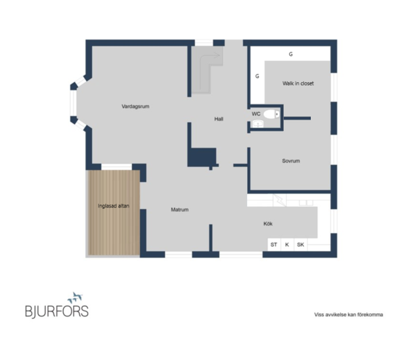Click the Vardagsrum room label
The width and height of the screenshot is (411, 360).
coord(135,106)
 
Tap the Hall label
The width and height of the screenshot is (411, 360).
coord(218,119)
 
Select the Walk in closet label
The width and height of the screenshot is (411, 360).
coord(298,83)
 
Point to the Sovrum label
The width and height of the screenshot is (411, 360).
coord(291,161)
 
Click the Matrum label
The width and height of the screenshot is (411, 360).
coord(180,209)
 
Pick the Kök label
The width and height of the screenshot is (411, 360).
coord(268,223)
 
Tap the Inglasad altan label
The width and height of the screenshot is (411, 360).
coord(114,206)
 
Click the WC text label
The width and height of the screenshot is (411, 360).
coord(256,114)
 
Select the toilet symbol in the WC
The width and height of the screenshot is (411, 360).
coord(271,114)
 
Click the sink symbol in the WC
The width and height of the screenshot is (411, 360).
coord(258,123)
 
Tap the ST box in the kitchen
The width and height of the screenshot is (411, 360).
coord(274,245)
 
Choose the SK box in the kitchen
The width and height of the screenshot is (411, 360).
coord(301,245)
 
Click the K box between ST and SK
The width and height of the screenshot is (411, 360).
coord(287,245)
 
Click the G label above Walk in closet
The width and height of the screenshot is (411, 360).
coord(291,54)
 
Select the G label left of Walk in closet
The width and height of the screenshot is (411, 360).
coord(257,76)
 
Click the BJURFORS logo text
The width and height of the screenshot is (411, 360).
coord(57,311)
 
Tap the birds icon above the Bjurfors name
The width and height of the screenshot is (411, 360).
coord(75,297)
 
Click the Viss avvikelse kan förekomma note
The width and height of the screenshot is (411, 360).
coord(349,314)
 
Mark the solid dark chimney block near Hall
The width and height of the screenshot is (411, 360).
coord(202,157)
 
